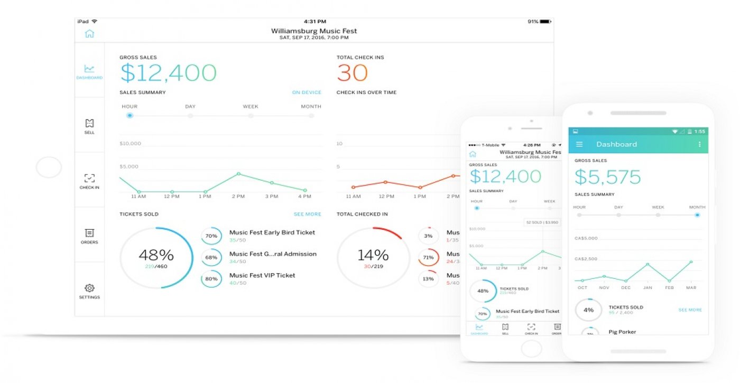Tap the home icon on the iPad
pos(89,34)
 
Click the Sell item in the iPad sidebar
pos(89,126)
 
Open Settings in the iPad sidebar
pos(89,291)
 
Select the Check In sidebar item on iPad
pos(89,181)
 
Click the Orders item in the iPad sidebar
pos(89,236)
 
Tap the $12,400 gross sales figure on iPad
pos(168,73)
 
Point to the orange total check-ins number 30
pos(352,73)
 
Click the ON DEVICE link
pos(307,92)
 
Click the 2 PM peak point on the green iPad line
pos(238,174)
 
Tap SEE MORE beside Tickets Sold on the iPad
pos(307,214)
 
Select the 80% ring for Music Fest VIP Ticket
pos(211,278)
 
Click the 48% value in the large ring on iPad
pos(156,255)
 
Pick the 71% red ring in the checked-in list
pos(428,257)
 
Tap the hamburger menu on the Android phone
pos(579,144)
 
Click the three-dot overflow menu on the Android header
pos(699,144)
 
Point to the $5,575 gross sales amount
pos(608,177)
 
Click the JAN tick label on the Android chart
pos(647,288)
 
